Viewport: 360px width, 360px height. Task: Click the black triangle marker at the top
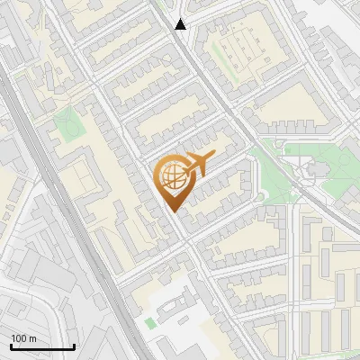181,24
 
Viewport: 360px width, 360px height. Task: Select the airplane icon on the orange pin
197,164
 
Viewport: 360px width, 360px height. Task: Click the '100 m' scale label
23,337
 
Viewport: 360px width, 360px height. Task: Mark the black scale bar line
42,346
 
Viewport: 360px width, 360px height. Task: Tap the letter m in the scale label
32,337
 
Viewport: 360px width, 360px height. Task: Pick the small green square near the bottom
149,322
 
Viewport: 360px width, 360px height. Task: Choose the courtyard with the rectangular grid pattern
236,46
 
